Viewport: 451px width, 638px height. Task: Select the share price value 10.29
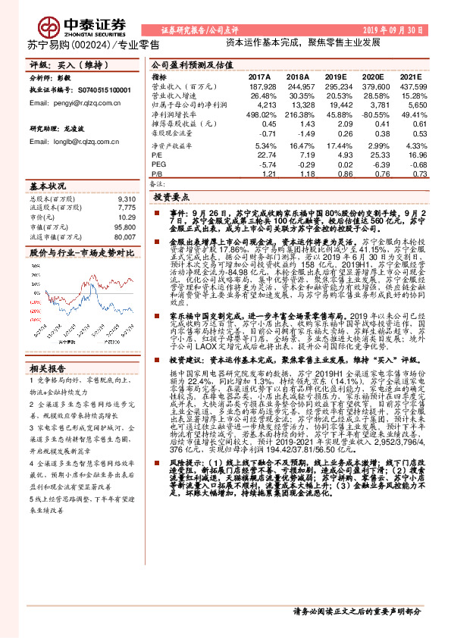(127, 217)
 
